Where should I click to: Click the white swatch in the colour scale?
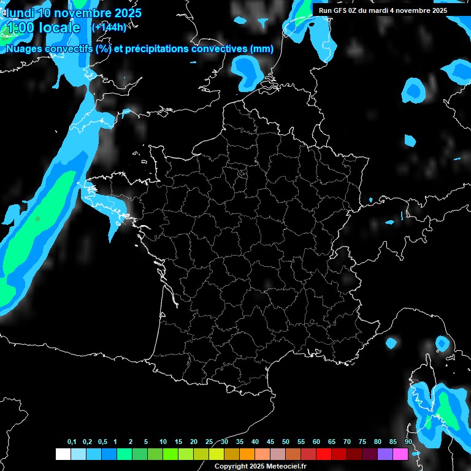[63, 454]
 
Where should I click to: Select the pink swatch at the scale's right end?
[400, 454]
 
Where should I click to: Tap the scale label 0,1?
[72, 442]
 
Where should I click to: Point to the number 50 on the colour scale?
[286, 442]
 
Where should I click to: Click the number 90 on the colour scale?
[408, 442]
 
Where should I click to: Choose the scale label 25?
[209, 442]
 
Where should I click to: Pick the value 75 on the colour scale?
[362, 442]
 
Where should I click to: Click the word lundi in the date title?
[20, 12]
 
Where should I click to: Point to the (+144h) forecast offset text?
[109, 27]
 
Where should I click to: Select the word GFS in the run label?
[339, 10]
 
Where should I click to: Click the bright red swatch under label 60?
[324, 454]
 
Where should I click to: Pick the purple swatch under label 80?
[385, 454]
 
